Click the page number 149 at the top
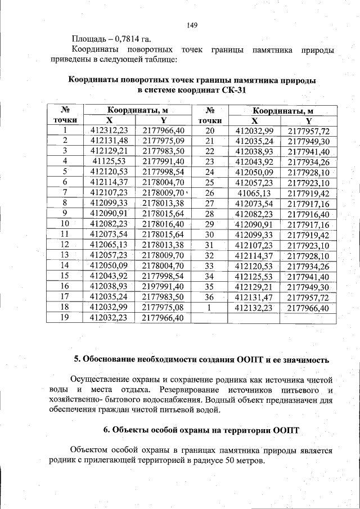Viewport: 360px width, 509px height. [x=191, y=25]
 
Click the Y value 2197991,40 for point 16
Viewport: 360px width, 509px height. [x=163, y=286]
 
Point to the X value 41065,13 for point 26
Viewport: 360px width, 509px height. [x=254, y=192]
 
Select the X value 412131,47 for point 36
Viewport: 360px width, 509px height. [x=254, y=296]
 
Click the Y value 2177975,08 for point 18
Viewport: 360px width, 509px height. [x=163, y=307]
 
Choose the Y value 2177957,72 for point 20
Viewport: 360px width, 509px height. [x=308, y=131]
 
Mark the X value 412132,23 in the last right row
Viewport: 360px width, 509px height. [x=254, y=307]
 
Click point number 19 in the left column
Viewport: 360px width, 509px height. [x=65, y=317]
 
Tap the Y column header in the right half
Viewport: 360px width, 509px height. [x=308, y=121]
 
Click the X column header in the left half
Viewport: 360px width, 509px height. [x=109, y=120]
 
